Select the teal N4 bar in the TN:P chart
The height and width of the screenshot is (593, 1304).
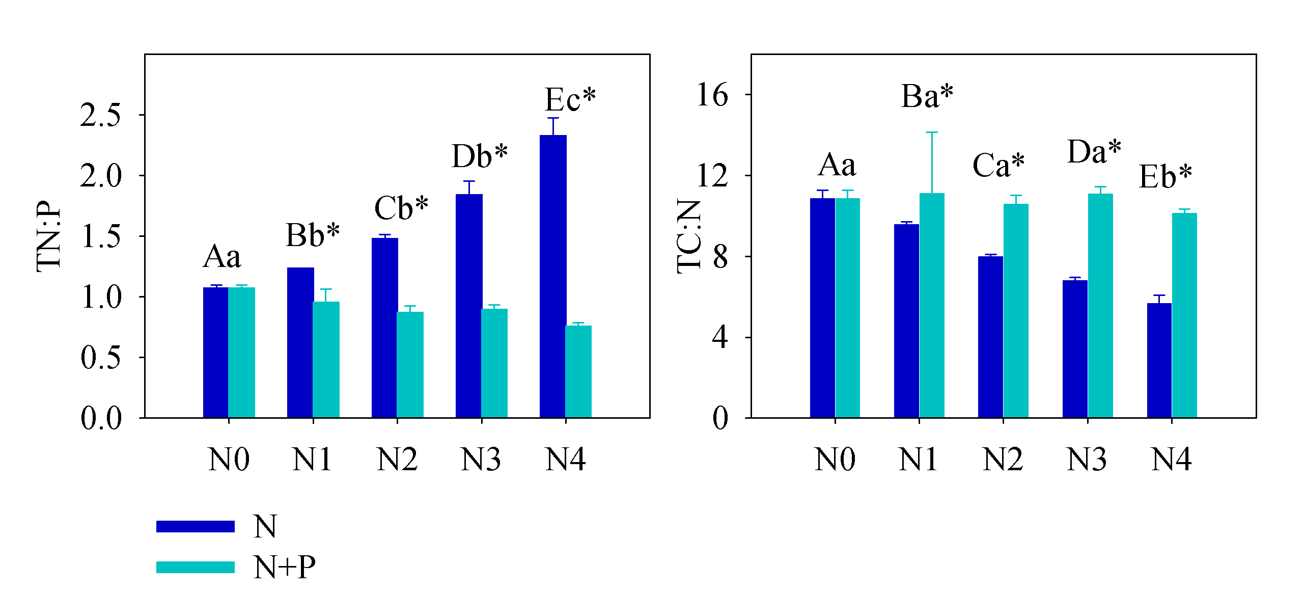tap(578, 371)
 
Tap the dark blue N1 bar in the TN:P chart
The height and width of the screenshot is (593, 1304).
tap(300, 342)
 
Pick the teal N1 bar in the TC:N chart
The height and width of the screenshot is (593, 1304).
tap(932, 305)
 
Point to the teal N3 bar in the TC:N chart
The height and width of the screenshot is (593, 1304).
tap(1100, 305)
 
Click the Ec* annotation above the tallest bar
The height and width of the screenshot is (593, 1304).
tap(570, 99)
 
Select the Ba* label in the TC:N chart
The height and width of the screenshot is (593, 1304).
tap(927, 96)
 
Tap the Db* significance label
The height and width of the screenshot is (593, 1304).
tap(479, 156)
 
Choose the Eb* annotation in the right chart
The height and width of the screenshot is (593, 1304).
tap(1165, 177)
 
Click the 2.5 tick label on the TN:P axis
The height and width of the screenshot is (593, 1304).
tap(101, 115)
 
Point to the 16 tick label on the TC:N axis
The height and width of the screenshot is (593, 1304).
tap(712, 95)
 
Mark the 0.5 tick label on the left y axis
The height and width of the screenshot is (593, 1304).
tap(101, 358)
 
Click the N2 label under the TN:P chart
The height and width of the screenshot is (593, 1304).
tap(397, 460)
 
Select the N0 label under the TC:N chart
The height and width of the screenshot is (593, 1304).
tap(835, 460)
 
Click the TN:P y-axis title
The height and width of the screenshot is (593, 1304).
tap(49, 236)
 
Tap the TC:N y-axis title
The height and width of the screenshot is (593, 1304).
tap(689, 236)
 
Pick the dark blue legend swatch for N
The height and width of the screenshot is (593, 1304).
tap(196, 526)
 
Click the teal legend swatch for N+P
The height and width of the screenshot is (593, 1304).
tap(196, 567)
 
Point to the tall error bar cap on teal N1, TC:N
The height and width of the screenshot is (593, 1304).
tap(932, 132)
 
